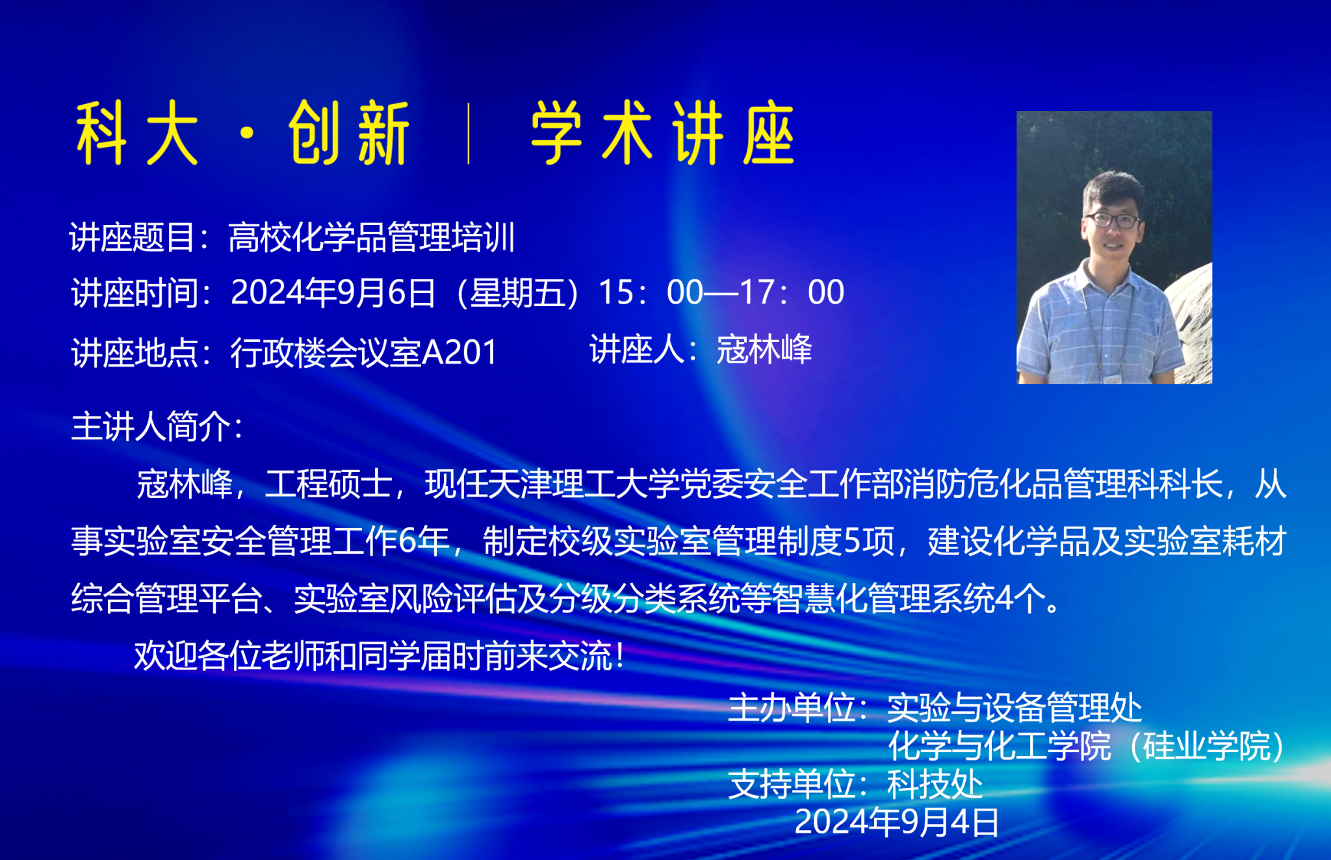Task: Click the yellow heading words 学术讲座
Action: coord(663,133)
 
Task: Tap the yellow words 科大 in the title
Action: coord(137,133)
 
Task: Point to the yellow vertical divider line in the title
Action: coord(469,133)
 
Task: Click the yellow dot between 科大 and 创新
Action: coord(247,133)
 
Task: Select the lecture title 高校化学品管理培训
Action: coord(372,237)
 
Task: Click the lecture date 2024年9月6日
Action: coord(333,293)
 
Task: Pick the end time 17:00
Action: coord(792,293)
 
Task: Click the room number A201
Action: coord(459,353)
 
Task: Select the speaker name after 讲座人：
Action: coord(764,350)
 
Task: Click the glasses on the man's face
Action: coord(1113,220)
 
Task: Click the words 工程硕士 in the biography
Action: coord(328,484)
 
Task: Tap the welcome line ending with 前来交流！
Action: coord(380,655)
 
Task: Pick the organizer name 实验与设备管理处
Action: coord(1014,708)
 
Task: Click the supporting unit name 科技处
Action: coord(935,785)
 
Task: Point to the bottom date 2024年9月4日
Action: coord(897,822)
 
